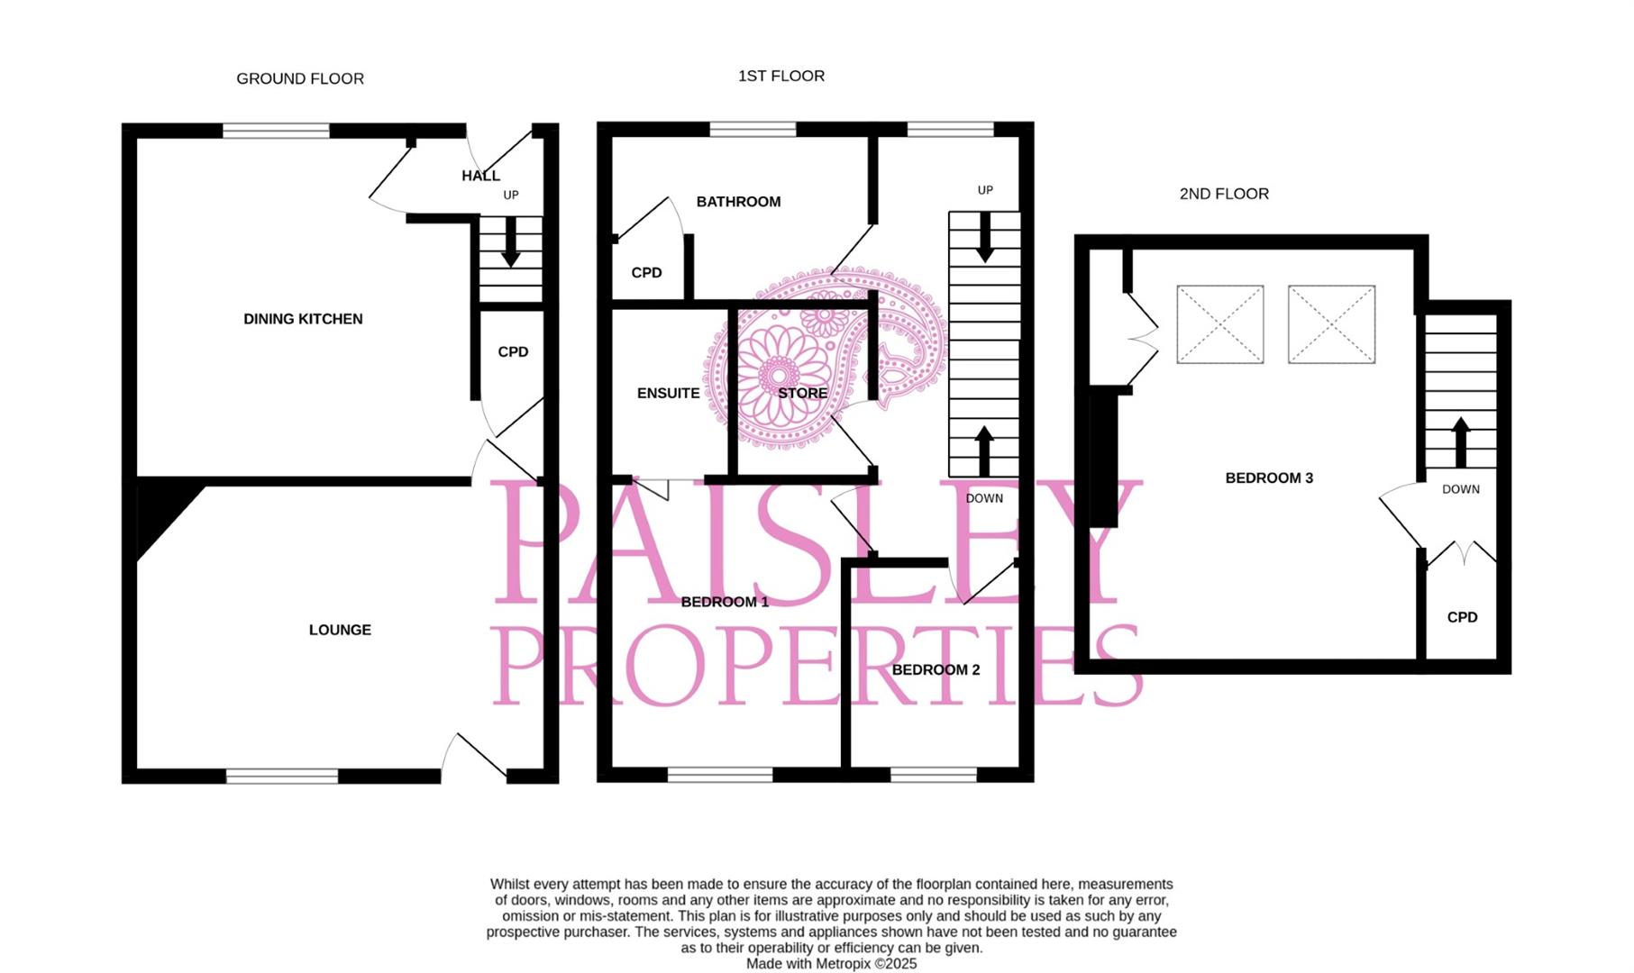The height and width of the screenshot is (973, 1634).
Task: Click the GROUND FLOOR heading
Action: coord(300,79)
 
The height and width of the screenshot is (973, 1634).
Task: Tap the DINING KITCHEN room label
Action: coord(303,319)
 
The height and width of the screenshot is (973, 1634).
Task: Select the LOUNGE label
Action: coord(340,630)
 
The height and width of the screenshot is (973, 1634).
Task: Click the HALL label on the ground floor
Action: coord(480,176)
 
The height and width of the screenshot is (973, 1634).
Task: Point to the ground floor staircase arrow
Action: coord(511,244)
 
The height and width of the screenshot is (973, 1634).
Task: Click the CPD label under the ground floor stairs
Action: coord(513,352)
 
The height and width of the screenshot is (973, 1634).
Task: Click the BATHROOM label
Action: coord(738,202)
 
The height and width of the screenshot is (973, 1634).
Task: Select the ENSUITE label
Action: coord(668,394)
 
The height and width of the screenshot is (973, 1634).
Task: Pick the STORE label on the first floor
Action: coord(802,394)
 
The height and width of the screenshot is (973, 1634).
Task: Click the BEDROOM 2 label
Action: coord(936,670)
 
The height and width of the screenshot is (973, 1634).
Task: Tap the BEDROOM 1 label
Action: coord(725,602)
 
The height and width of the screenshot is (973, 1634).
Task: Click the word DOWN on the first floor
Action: coord(984,498)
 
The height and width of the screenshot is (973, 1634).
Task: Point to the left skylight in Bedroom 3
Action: coord(1219,324)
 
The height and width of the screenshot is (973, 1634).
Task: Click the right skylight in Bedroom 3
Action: coord(1331,324)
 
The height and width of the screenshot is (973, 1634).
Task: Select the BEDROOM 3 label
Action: coord(1269,478)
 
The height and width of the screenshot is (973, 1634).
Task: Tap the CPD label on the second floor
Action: coord(1462,617)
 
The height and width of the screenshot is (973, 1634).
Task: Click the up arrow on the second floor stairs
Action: coord(1461,441)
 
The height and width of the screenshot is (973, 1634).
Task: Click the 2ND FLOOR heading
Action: coord(1224,194)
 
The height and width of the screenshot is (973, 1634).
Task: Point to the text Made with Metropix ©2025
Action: coord(831,964)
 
